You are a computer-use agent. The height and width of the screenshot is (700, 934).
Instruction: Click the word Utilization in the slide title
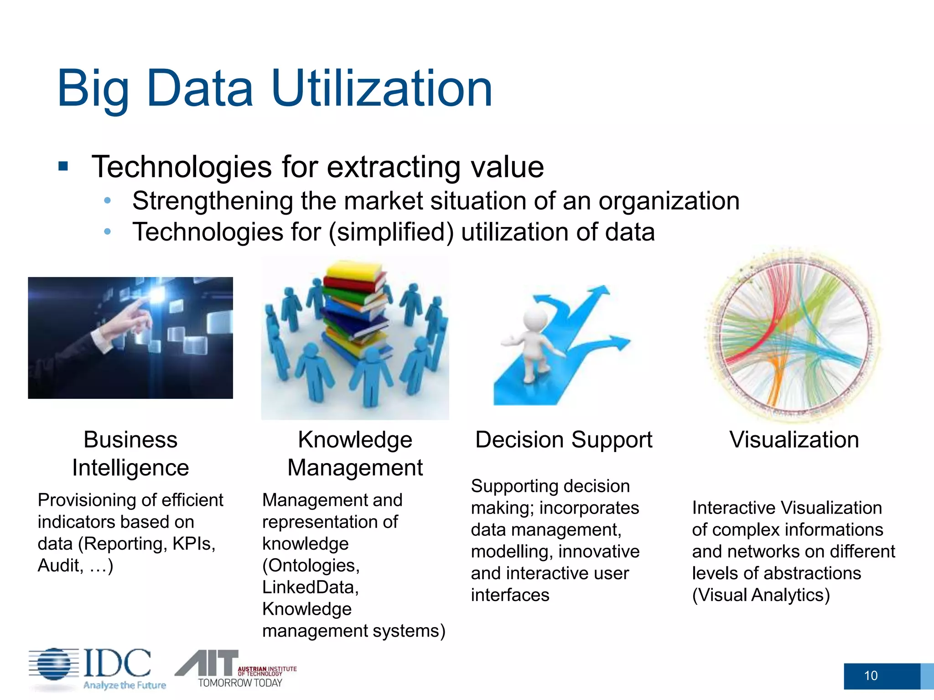[381, 89]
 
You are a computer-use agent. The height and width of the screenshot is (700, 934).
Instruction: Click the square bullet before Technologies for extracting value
[63, 166]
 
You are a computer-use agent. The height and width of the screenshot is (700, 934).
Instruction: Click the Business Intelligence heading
[130, 453]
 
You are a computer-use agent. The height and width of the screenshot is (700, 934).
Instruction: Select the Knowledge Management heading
[355, 453]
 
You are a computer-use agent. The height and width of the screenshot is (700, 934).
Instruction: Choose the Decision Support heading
[564, 440]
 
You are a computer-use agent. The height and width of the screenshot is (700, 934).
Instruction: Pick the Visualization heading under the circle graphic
[794, 440]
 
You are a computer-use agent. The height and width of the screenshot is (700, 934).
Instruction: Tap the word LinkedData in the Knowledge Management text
[310, 587]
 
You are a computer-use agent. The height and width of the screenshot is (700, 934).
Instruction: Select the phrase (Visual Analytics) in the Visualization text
[761, 595]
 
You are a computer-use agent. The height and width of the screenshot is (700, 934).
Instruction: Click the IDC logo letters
[117, 663]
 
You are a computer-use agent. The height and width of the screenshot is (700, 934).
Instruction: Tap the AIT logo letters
[208, 663]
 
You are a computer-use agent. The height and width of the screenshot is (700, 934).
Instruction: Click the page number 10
[871, 675]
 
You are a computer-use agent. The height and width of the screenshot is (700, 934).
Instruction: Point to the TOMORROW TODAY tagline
[240, 683]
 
